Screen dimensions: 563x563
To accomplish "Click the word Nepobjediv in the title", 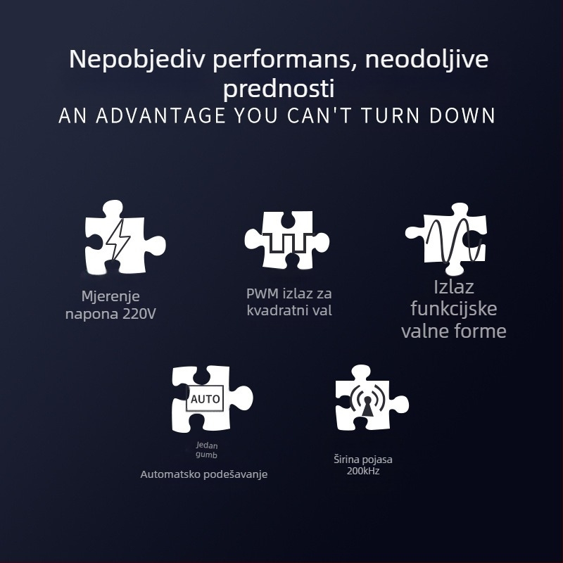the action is click(x=137, y=60).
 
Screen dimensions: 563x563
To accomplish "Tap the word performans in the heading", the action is click(x=281, y=61).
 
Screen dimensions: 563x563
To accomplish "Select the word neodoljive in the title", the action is click(x=426, y=60).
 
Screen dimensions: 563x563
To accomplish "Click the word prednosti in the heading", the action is click(x=279, y=89).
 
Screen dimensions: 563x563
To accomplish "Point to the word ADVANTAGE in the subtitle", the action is click(x=161, y=115).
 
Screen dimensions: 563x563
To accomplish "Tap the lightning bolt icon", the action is click(x=118, y=239).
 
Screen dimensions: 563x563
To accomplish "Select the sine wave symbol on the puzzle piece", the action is click(x=454, y=240).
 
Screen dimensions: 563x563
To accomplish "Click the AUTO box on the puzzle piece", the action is click(x=205, y=398).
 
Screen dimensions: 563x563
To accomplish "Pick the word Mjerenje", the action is click(x=110, y=296).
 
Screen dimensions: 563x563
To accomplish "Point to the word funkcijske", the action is click(x=454, y=309).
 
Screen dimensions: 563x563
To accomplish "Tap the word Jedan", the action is click(x=207, y=445).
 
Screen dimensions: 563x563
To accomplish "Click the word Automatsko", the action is click(x=170, y=474).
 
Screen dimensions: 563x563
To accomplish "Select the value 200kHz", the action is click(x=363, y=471).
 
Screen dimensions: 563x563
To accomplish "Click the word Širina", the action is click(x=346, y=460).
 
